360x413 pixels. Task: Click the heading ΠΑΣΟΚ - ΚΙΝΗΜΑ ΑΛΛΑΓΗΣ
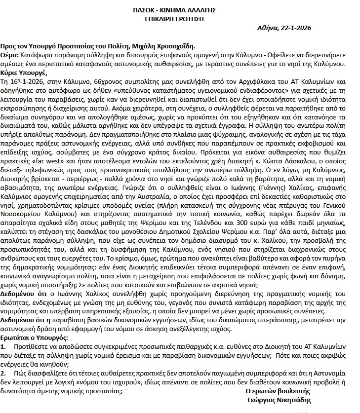(x=179, y=10)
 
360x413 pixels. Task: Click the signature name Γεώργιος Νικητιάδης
(x=279, y=400)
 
